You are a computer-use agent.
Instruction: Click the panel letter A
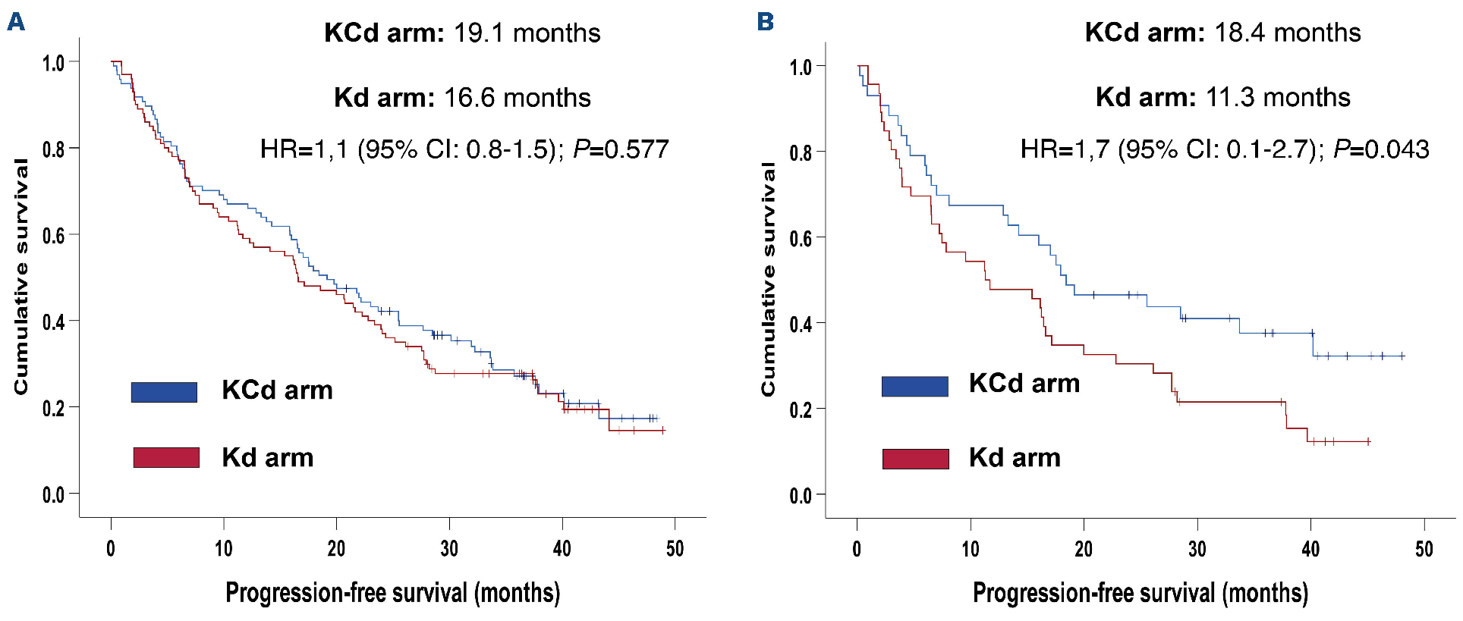[16, 22]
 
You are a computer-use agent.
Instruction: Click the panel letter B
[766, 21]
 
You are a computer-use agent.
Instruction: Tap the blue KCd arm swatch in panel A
[164, 392]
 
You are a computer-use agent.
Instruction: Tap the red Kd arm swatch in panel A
[166, 457]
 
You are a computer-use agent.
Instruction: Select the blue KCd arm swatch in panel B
[914, 386]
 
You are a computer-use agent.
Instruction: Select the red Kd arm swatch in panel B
[915, 459]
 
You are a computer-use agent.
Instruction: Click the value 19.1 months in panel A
[527, 33]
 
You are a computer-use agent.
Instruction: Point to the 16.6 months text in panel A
[517, 98]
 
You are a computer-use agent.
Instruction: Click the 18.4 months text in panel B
[1287, 33]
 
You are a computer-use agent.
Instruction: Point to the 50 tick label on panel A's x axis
[675, 549]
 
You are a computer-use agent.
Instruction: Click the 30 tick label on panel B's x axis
[1197, 549]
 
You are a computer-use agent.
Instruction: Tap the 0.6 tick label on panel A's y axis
[53, 235]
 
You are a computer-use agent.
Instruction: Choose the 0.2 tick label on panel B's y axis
[801, 410]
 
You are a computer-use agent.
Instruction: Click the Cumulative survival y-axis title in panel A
[21, 277]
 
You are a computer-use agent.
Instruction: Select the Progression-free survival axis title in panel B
[1140, 593]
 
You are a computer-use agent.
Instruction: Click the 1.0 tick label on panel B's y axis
[801, 67]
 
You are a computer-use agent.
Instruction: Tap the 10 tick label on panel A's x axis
[223, 549]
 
